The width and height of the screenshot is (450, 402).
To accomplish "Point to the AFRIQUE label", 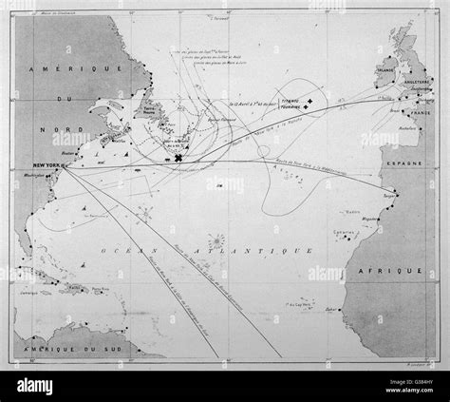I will coord(403,271).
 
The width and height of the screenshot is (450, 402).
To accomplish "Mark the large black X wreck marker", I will coord(178,158).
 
